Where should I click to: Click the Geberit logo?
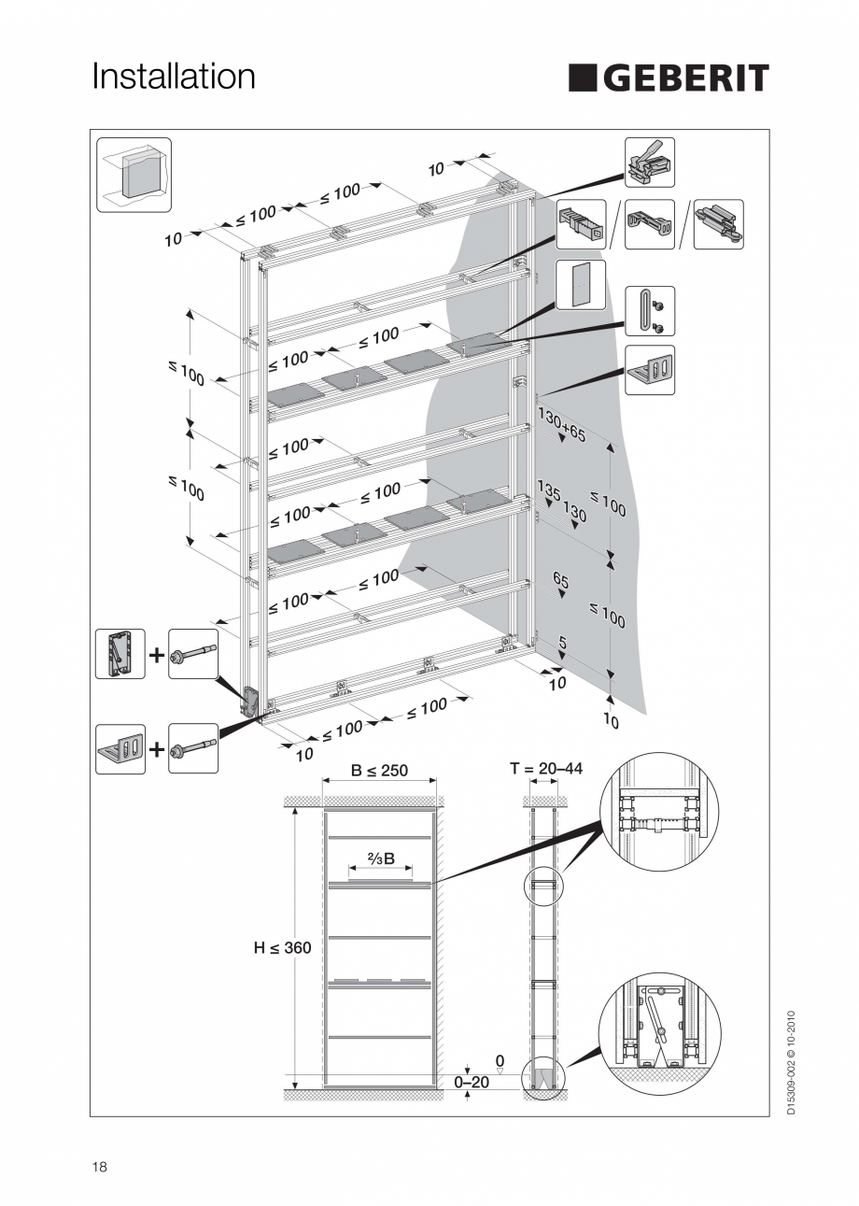(669, 78)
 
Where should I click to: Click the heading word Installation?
(174, 77)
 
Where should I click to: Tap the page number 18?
(99, 1167)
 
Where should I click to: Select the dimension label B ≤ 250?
(378, 771)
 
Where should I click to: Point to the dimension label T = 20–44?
(546, 769)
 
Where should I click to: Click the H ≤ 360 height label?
(283, 947)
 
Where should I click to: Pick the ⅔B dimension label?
(380, 858)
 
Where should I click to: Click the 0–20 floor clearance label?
(472, 1081)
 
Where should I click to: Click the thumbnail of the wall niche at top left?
(134, 175)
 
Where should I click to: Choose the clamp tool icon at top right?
(649, 162)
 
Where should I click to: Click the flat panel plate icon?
(581, 284)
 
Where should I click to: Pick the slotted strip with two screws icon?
(649, 311)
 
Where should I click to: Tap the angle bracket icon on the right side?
(649, 370)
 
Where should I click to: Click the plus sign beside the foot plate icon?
(156, 655)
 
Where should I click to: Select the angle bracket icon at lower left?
(120, 748)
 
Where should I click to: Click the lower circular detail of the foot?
(658, 1035)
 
